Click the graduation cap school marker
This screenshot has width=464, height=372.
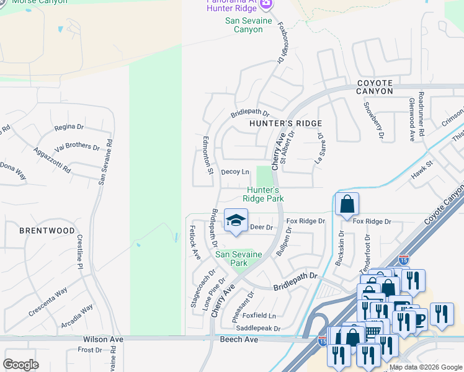tap(236, 221)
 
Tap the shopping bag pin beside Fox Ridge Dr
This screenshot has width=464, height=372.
tap(347, 204)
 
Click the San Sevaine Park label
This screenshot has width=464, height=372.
tap(239, 259)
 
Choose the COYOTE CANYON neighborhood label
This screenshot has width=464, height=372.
tap(375, 87)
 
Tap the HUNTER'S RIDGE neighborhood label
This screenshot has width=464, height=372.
tap(279, 123)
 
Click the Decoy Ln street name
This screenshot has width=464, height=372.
tap(236, 172)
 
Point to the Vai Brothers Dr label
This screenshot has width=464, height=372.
tap(77, 147)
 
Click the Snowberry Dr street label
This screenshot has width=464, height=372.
tap(373, 120)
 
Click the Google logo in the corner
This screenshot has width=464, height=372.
tap(21, 364)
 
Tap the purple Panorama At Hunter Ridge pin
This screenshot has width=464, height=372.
tap(266, 5)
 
